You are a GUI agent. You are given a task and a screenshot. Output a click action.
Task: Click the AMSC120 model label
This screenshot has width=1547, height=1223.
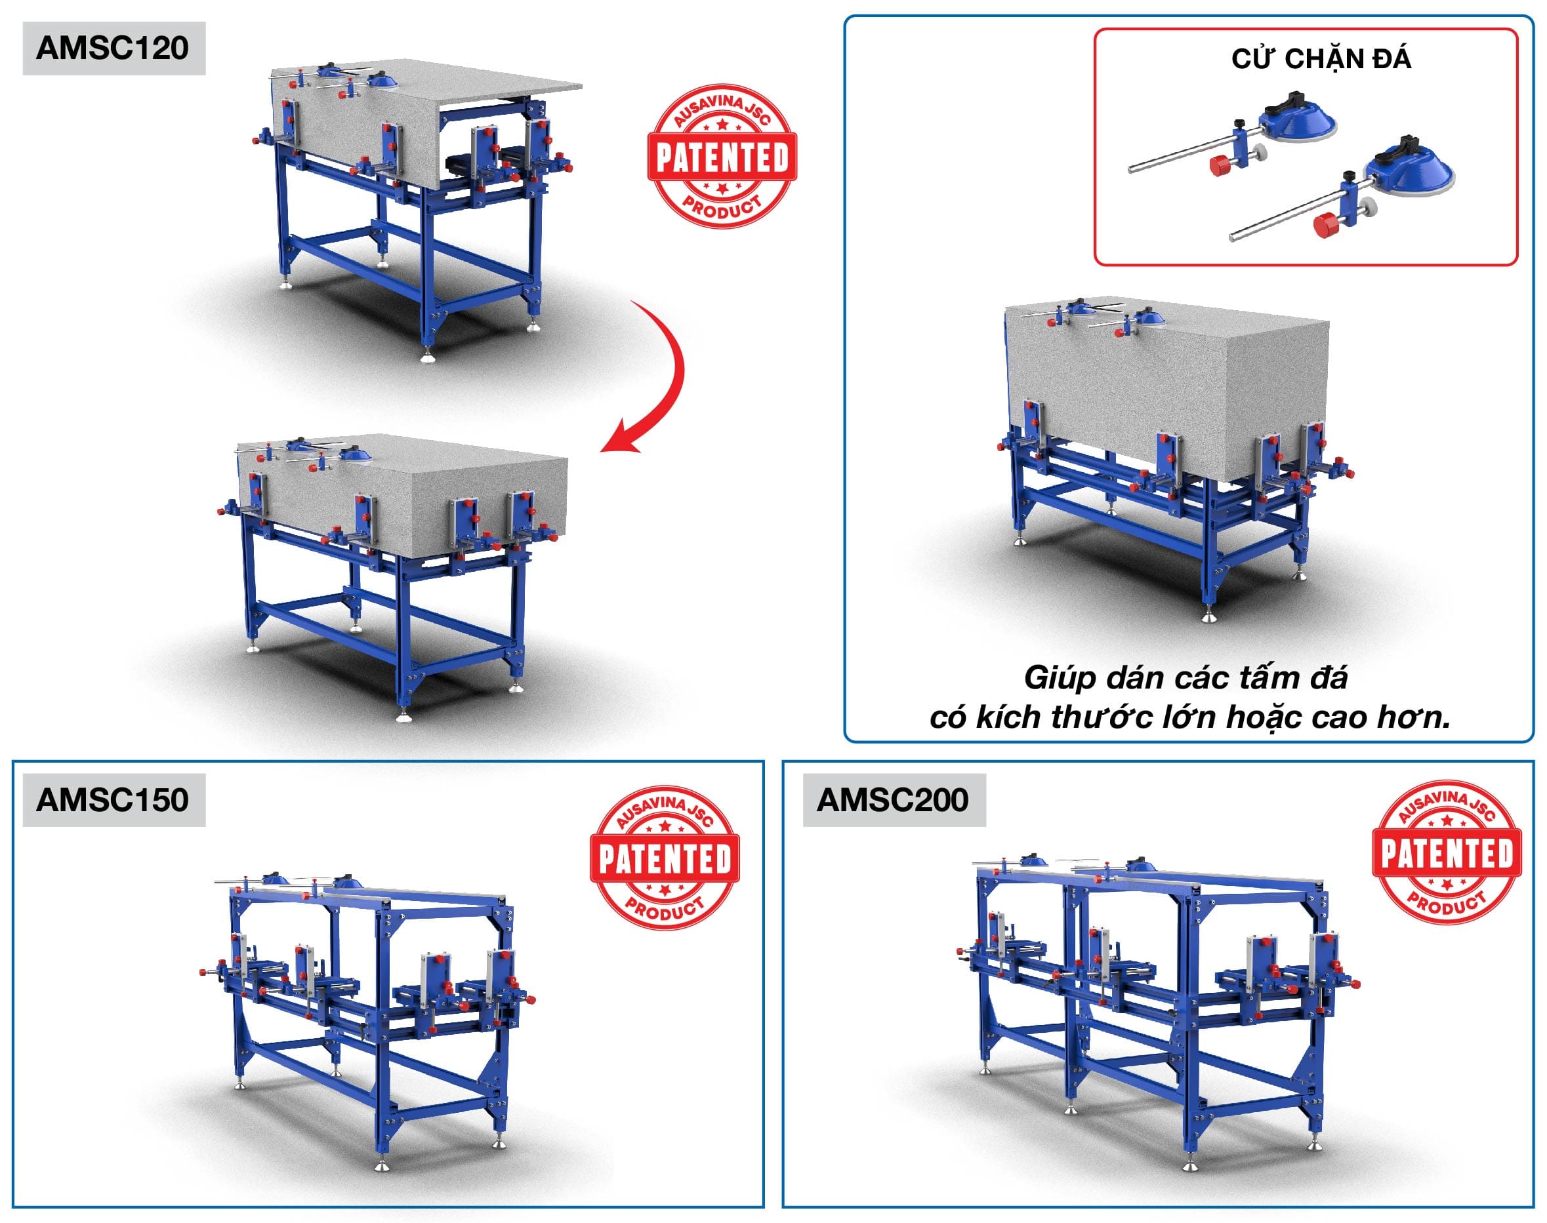point(113,48)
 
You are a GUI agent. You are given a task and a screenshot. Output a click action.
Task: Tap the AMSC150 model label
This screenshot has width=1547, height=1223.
point(113,800)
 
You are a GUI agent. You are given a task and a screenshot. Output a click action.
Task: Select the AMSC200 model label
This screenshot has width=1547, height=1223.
point(893,800)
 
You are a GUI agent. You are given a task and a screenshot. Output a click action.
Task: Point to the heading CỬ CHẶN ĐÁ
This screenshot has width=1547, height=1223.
point(1321,60)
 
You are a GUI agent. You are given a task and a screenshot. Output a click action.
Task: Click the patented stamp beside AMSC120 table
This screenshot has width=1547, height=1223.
point(722,156)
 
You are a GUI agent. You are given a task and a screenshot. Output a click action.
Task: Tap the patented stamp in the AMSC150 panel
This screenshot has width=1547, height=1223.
point(665,857)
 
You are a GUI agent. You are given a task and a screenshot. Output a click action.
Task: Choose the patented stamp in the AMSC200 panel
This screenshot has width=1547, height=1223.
point(1447,852)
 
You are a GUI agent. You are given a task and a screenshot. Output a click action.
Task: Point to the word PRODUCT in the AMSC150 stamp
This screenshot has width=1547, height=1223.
point(665,906)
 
